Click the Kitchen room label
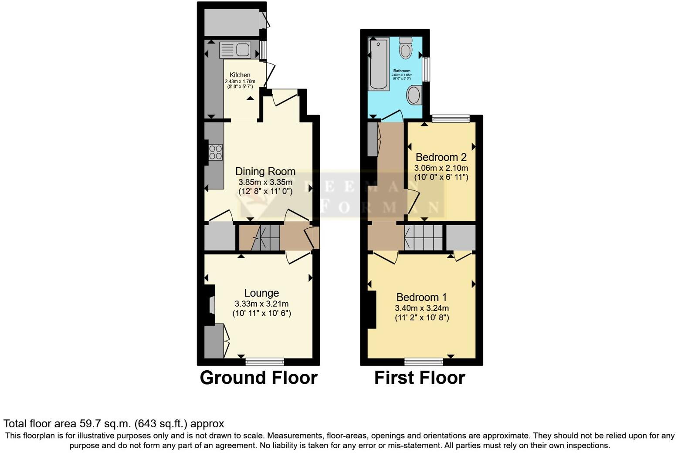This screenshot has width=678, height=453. [x=240, y=75]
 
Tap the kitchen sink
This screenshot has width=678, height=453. [x=234, y=50]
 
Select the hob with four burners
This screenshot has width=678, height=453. [x=216, y=152]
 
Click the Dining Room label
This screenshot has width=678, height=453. [x=265, y=172]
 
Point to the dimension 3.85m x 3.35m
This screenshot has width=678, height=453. [x=265, y=182]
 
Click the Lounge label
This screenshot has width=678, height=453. [x=261, y=293]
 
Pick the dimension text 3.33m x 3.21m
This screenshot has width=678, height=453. [x=261, y=304]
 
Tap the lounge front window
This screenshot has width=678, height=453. [x=264, y=362]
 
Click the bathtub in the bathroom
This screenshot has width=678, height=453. [x=378, y=64]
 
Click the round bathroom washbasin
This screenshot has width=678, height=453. [x=414, y=95]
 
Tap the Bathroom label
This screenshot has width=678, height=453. [x=402, y=71]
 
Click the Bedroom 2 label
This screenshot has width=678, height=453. [x=441, y=157]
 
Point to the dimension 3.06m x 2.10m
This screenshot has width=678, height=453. [x=441, y=168]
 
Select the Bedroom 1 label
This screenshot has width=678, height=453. [x=421, y=297]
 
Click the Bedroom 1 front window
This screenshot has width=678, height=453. [x=424, y=362]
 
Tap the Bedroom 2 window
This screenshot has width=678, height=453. [x=451, y=118]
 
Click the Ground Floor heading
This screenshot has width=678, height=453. [x=258, y=378]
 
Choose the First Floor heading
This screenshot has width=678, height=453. [x=420, y=378]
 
